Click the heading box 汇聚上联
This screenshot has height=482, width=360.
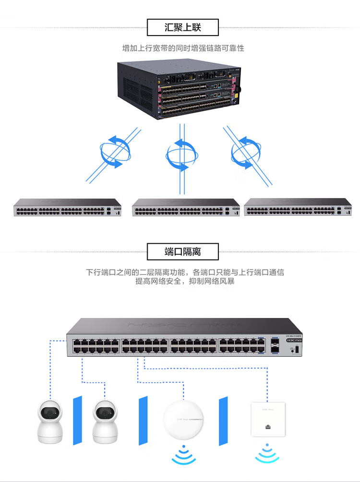182,27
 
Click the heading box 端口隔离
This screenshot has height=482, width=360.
182,252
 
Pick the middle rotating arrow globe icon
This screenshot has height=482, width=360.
181,154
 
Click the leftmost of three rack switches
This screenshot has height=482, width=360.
67,207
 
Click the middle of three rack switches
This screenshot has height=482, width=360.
186,207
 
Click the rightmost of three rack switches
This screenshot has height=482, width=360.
298,207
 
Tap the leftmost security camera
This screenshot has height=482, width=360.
51,420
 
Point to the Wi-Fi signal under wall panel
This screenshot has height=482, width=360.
266,453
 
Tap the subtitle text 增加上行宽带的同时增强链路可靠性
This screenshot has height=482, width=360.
183,48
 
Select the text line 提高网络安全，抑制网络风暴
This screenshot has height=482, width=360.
185,281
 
